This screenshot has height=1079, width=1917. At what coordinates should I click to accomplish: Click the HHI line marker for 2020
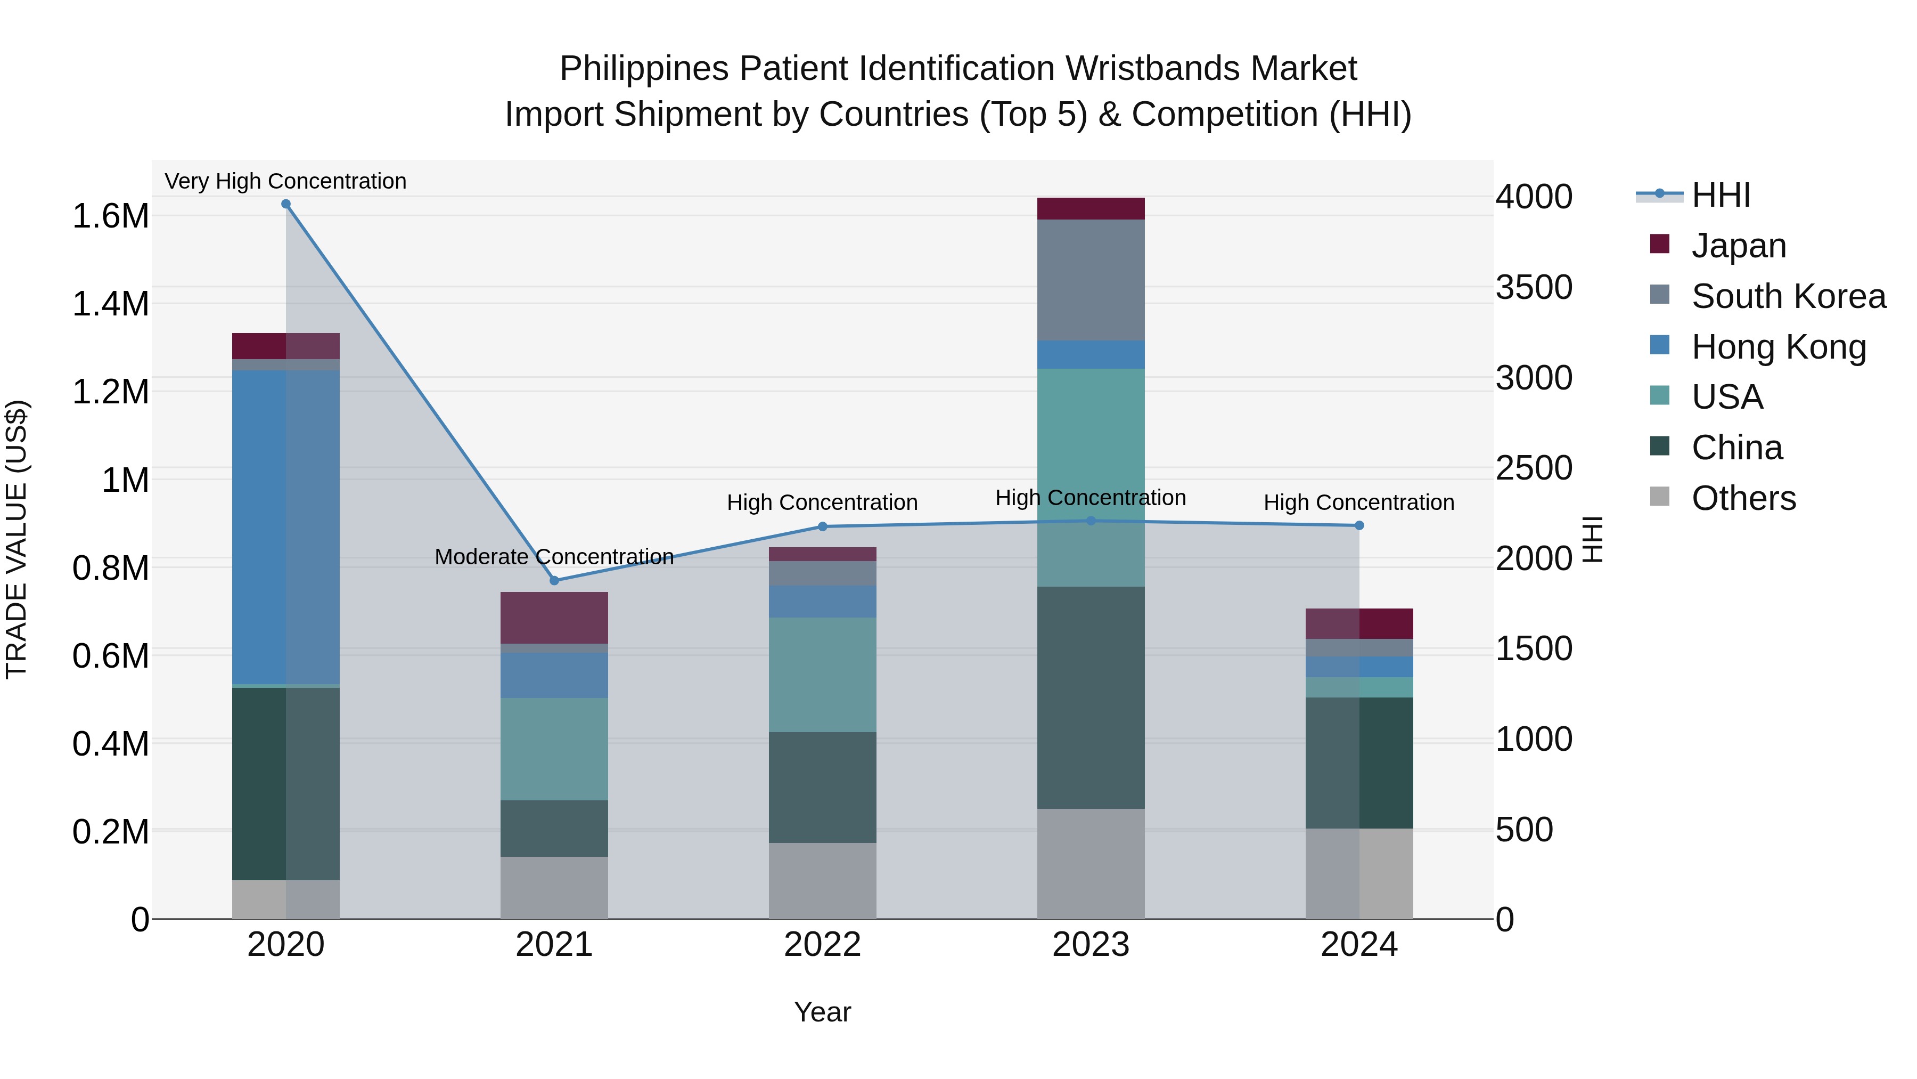tap(286, 204)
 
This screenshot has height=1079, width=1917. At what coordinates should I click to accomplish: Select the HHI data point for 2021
tap(554, 581)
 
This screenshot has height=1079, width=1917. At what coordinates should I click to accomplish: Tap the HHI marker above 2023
tap(1091, 521)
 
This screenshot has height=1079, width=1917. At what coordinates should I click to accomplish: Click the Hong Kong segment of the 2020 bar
tap(286, 527)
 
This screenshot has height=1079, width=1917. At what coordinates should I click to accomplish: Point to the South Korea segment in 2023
tap(1091, 279)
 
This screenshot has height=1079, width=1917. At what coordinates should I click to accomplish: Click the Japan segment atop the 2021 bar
tap(554, 618)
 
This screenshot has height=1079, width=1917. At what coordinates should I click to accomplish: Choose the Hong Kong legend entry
tap(1779, 347)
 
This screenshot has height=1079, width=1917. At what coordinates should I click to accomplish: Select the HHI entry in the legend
tap(1721, 195)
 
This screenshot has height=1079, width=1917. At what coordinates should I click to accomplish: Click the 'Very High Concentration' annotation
tap(286, 181)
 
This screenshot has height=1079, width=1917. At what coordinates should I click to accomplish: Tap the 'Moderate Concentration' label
tap(554, 557)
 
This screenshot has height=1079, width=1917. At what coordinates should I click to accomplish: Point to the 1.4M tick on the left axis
tap(110, 304)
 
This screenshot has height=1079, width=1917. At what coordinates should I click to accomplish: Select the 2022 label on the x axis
tap(822, 945)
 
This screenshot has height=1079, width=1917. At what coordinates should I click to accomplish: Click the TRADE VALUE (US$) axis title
tap(17, 539)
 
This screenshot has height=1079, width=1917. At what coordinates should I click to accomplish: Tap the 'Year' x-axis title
tap(822, 1012)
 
